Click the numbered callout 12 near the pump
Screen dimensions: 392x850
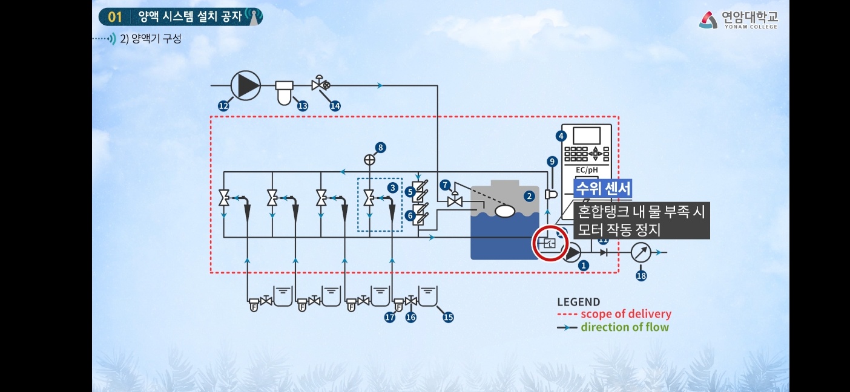coord(223,106)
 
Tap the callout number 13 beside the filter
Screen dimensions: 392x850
coord(302,105)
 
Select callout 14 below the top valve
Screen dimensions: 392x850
coord(335,105)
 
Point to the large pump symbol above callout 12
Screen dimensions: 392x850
coord(246,85)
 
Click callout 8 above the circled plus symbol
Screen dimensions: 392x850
coord(380,147)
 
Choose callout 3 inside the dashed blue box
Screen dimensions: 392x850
coord(393,188)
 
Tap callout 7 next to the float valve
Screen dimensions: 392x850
coord(446,184)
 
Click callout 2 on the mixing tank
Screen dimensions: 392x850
coord(529,195)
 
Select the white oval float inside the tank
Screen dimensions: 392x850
coord(504,211)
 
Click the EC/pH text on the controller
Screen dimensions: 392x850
coord(586,170)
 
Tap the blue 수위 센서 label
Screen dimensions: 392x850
coord(603,188)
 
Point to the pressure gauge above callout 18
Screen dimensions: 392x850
coord(641,253)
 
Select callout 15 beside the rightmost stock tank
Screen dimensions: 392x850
coord(448,316)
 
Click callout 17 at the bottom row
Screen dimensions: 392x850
coord(390,316)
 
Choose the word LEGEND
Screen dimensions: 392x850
coord(578,302)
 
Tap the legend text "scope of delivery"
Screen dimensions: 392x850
coord(625,314)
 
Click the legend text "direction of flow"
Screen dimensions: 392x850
coord(625,327)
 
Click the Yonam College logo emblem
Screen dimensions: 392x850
coord(708,20)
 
